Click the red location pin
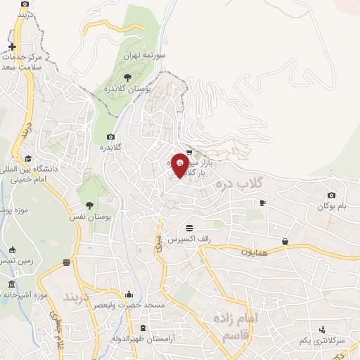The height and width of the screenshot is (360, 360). pos(180,166)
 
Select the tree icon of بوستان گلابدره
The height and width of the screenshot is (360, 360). pos(127,77)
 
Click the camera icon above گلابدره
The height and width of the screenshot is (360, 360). pos(110,136)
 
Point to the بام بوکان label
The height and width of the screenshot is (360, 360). pos(332,206)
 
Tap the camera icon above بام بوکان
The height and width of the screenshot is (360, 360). pos(332,195)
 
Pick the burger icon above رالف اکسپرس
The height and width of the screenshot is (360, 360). pos(189,228)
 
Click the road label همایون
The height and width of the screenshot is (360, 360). pos(255,251)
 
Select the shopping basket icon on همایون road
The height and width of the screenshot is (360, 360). pos(285,241)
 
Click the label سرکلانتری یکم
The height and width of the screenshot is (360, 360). pos(321,340)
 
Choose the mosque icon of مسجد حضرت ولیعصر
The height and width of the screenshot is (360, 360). pos(128,294)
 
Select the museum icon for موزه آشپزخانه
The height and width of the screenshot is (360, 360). pos(11,284)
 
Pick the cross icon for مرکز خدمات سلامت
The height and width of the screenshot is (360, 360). pos(12,46)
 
